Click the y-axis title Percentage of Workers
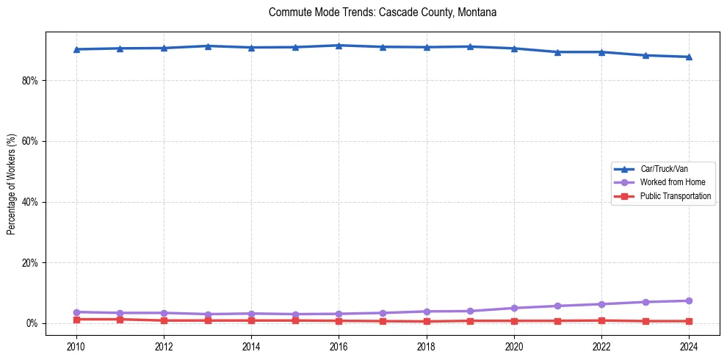click(12, 184)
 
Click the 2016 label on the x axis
click(339, 346)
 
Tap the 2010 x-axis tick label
click(76, 346)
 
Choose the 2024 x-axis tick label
click(689, 346)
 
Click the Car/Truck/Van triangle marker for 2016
click(339, 46)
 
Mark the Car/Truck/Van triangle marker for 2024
click(689, 57)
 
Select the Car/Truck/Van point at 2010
click(76, 49)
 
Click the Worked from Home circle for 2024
click(689, 300)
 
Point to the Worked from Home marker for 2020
click(514, 308)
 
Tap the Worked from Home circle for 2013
click(208, 314)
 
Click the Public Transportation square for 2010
click(76, 320)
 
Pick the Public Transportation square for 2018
click(427, 321)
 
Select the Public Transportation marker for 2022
click(601, 320)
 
